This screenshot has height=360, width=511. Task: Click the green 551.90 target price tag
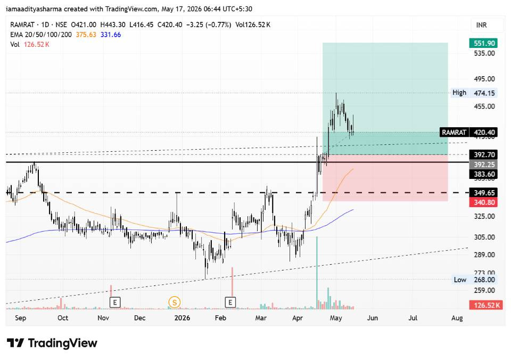(484, 43)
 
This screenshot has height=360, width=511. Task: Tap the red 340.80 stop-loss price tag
(484, 202)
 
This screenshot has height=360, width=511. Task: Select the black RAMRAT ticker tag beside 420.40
(454, 133)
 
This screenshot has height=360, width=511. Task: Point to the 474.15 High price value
(484, 93)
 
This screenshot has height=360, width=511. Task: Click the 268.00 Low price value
(484, 280)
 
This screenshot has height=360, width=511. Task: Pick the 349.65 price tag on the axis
(484, 193)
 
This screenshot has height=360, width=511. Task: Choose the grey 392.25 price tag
(484, 165)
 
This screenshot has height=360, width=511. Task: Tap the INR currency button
(482, 25)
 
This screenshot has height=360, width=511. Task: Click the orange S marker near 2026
(175, 302)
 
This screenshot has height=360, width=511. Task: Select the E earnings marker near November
(115, 302)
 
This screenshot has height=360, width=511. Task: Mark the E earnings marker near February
(230, 302)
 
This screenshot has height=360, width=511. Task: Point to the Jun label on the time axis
(373, 318)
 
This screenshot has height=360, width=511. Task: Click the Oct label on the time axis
(63, 318)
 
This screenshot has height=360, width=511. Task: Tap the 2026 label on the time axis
(182, 318)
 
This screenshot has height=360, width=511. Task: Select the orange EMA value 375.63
(86, 35)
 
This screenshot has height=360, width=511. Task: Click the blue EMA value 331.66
(111, 35)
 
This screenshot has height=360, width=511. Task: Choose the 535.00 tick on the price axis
(484, 53)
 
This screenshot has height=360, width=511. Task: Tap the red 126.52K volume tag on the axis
(486, 305)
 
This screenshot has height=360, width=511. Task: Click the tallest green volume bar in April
(317, 273)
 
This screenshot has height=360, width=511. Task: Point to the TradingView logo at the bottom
(52, 343)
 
